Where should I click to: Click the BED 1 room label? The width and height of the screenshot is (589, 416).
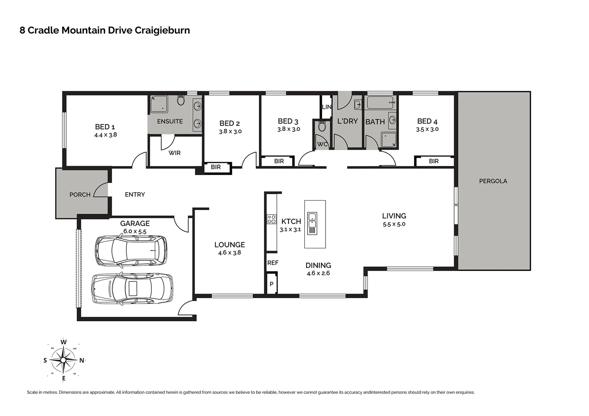pyautogui.click(x=105, y=127)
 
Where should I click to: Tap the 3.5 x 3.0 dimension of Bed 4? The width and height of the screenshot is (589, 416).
pyautogui.click(x=427, y=129)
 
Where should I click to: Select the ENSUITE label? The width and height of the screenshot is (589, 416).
pyautogui.click(x=170, y=121)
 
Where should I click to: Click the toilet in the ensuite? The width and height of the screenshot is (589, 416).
pyautogui.click(x=181, y=101)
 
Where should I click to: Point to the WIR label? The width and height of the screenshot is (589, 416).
pyautogui.click(x=174, y=153)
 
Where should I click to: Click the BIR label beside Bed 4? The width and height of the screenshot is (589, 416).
pyautogui.click(x=434, y=161)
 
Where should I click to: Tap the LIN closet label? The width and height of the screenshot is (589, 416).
pyautogui.click(x=326, y=107)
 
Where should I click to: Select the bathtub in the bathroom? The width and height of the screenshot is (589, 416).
pyautogui.click(x=381, y=103)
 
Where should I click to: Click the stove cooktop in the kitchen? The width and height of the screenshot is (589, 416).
pyautogui.click(x=272, y=219)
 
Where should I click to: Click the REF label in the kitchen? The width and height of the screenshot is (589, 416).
pyautogui.click(x=273, y=263)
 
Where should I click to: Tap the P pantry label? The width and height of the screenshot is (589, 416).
pyautogui.click(x=272, y=284)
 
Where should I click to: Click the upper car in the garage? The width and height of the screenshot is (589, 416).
pyautogui.click(x=131, y=250)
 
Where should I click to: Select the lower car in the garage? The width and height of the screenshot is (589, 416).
pyautogui.click(x=132, y=289)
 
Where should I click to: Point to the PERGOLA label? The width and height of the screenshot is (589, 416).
pyautogui.click(x=493, y=181)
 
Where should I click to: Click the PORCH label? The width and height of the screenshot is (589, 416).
pyautogui.click(x=80, y=195)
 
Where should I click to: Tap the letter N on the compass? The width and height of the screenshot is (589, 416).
pyautogui.click(x=81, y=361)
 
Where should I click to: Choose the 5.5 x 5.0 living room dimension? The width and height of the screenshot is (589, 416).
pyautogui.click(x=394, y=224)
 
